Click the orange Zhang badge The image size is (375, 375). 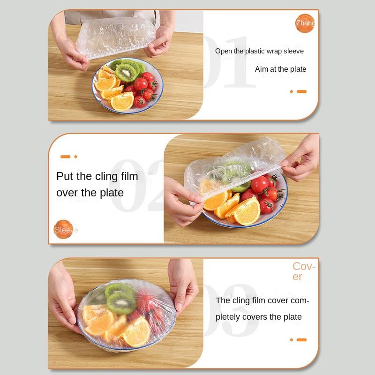tap(305, 23)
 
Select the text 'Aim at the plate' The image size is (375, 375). tap(280, 69)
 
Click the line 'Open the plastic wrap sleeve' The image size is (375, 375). tap(259, 51)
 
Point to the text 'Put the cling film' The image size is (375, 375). tap(97, 176)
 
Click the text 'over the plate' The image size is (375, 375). tap(90, 193)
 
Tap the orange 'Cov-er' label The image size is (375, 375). tap(304, 271)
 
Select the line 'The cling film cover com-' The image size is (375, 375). tap(262, 300)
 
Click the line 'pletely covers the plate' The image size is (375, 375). tap(259, 317)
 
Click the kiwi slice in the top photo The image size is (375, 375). tap(126, 72)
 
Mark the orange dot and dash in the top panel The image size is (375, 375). tap(298, 91)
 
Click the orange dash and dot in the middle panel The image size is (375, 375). tap(68, 157)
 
